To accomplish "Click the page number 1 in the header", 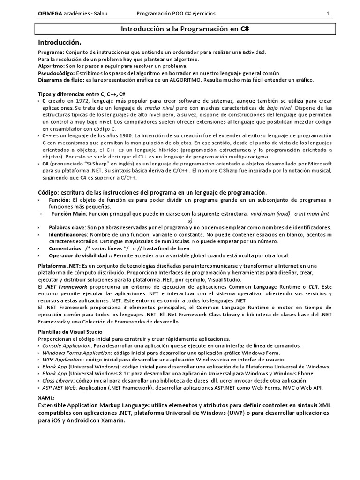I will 328,14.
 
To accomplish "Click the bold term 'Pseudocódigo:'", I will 56,73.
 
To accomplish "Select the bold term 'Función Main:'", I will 69,214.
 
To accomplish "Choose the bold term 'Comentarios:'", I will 65,248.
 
